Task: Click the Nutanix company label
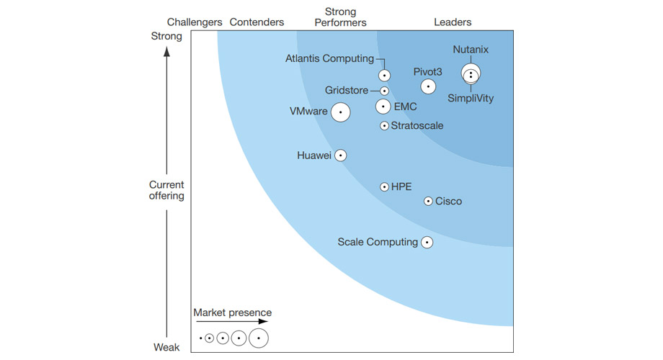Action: coord(471,50)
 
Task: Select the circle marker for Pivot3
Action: coord(428,86)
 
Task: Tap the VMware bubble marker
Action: coord(341,112)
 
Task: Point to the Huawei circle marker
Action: coord(341,156)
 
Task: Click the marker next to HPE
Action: coord(385,187)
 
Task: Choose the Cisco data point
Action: coord(429,202)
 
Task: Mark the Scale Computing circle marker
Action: coord(427,243)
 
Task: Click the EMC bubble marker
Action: coord(384,107)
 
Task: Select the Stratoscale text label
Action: coord(417,126)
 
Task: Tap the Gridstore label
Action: coord(347,91)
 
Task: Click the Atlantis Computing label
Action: coord(329,59)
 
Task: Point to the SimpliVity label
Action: coord(471,99)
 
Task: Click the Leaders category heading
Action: coord(453,22)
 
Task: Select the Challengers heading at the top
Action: coord(195,22)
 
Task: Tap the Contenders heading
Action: coord(257,22)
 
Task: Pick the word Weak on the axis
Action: coord(166,348)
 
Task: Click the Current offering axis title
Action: coord(166,190)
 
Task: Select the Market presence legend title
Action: coord(232,312)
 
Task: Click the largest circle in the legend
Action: coord(259,338)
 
